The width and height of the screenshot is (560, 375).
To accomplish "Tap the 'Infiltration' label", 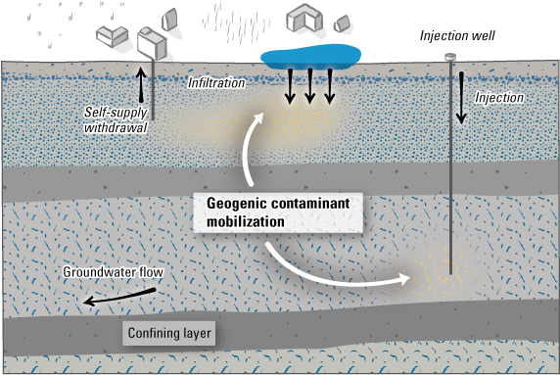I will [215, 84].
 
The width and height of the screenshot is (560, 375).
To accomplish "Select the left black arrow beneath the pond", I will [292, 87].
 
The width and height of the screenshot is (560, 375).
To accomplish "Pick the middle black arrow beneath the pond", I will [310, 87].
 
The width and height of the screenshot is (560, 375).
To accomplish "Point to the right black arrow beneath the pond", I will [330, 87].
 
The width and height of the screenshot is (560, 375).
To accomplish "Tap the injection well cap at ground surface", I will [450, 57].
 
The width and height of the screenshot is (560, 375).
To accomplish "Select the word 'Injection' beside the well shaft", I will [498, 98].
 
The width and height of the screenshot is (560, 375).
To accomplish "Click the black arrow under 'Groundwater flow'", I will [109, 297].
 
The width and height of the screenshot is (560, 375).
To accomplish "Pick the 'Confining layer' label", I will [168, 334].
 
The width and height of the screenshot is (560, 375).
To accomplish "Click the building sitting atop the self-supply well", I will [152, 42].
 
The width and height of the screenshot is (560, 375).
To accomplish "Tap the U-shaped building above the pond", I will [306, 23].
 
